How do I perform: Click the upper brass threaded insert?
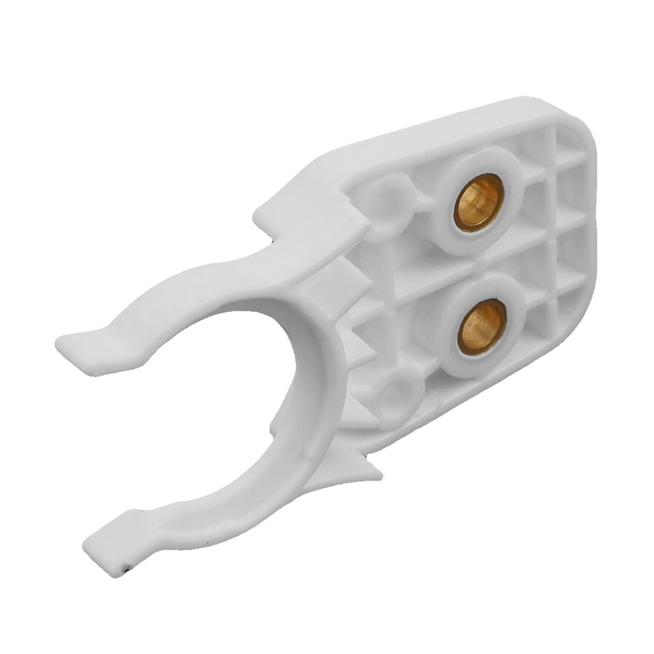coord(479,202)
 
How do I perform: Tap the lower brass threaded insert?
coord(483,327)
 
